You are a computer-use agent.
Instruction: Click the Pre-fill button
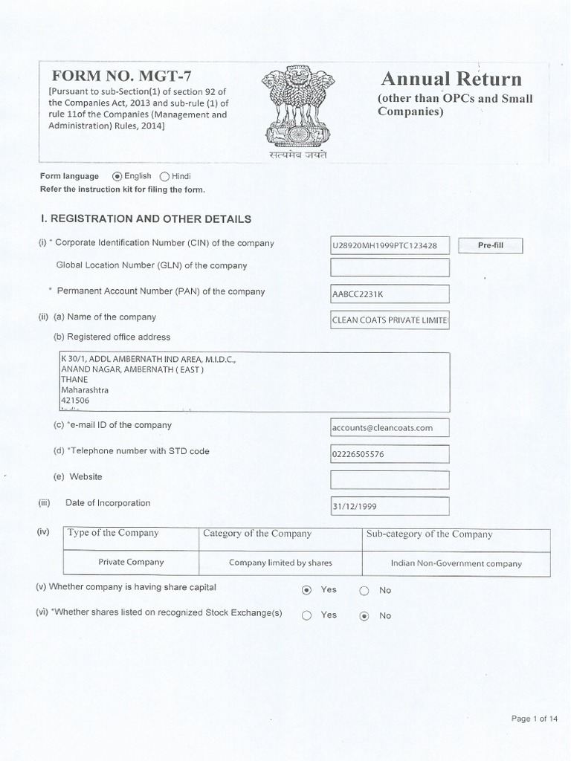click(x=490, y=245)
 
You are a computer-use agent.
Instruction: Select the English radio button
click(x=117, y=177)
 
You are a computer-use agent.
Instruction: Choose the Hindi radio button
click(x=164, y=177)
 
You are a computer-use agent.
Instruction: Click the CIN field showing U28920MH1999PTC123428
click(x=390, y=245)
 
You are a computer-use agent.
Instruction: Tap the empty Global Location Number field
click(x=390, y=268)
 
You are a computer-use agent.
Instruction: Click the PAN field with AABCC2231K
click(x=390, y=294)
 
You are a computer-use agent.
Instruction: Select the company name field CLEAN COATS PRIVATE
click(x=390, y=320)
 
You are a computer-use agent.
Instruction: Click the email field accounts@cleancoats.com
click(x=390, y=427)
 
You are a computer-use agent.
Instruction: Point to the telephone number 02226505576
click(x=390, y=454)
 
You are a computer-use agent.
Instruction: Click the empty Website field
click(x=390, y=479)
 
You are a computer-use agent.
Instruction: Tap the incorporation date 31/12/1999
click(x=390, y=506)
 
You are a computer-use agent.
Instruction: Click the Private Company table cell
click(x=131, y=563)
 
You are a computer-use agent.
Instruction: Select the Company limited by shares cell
click(x=280, y=563)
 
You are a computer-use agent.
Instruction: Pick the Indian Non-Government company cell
click(x=456, y=563)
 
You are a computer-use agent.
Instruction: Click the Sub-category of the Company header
click(x=429, y=534)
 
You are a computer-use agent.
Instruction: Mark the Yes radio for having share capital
click(x=306, y=590)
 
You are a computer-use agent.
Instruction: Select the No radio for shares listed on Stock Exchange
click(x=364, y=615)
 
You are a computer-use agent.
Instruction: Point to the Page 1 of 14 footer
click(x=534, y=719)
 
